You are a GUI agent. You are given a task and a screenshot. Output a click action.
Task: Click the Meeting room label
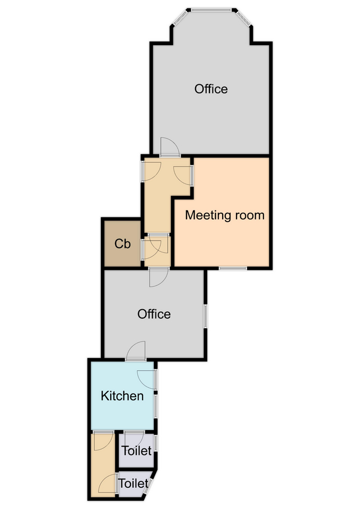(225, 215)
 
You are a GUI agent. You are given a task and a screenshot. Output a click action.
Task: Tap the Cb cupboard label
(122, 243)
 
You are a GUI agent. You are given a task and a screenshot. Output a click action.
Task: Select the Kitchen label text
(122, 396)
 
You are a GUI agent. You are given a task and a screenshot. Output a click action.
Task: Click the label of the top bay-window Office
(211, 89)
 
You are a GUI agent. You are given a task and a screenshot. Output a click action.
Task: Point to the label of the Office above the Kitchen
(154, 314)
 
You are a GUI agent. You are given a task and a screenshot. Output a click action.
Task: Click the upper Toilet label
(136, 451)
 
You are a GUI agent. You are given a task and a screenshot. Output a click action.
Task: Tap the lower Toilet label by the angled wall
(133, 484)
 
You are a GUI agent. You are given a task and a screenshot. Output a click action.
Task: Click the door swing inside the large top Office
(170, 147)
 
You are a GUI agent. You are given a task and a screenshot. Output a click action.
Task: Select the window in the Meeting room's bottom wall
(232, 268)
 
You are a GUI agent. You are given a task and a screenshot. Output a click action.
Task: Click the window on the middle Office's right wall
(206, 316)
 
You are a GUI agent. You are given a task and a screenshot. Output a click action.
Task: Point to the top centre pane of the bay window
(212, 10)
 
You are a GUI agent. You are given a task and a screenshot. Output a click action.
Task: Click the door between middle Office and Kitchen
(135, 351)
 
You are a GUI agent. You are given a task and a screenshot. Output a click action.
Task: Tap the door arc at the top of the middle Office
(159, 277)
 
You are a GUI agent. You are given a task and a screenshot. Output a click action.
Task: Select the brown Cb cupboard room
(122, 243)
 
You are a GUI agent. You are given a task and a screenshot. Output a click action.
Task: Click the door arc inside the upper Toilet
(134, 441)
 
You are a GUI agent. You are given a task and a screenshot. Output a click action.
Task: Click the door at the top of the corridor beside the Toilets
(103, 441)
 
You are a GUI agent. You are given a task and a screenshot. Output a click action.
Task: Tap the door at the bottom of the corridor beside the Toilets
(108, 484)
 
